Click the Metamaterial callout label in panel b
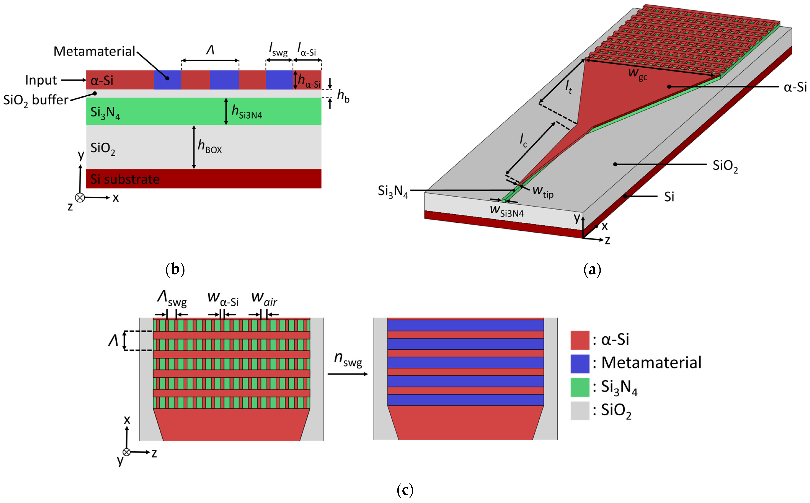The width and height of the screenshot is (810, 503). coord(94,52)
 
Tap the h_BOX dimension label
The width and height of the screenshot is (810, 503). coord(210,146)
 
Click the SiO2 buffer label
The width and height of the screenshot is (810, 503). coord(36,100)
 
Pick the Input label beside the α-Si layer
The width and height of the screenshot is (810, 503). coord(41,80)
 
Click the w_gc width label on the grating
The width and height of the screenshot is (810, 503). coord(637,74)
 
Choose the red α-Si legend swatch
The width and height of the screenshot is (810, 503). coord(580,340)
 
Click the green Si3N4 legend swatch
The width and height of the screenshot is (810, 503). coord(580,387)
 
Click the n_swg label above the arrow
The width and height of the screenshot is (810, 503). coord(348,359)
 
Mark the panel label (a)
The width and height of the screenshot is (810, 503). coord(592,269)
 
